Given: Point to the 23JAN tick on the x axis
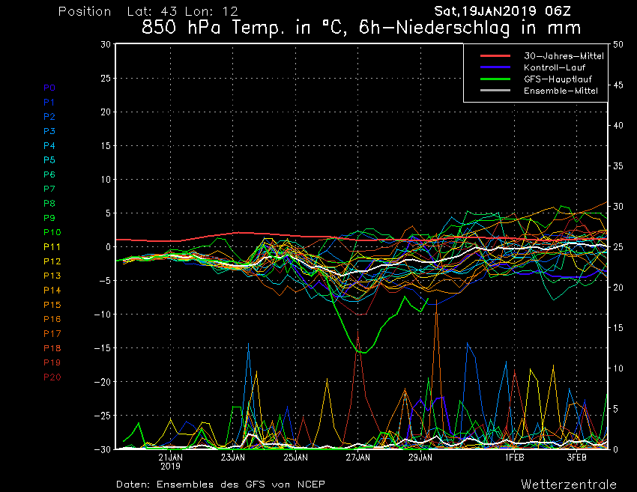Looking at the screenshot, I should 233,456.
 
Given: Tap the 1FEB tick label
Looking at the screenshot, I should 513,456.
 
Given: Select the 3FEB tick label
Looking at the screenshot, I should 576,456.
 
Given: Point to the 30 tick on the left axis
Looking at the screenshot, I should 105,44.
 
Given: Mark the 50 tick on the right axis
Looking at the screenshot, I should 618,44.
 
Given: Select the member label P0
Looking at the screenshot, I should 49,88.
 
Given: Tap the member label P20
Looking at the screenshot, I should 52,377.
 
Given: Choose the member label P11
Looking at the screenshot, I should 52,246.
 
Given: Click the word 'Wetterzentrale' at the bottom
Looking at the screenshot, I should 569,484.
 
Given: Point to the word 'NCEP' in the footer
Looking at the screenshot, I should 309,484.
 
